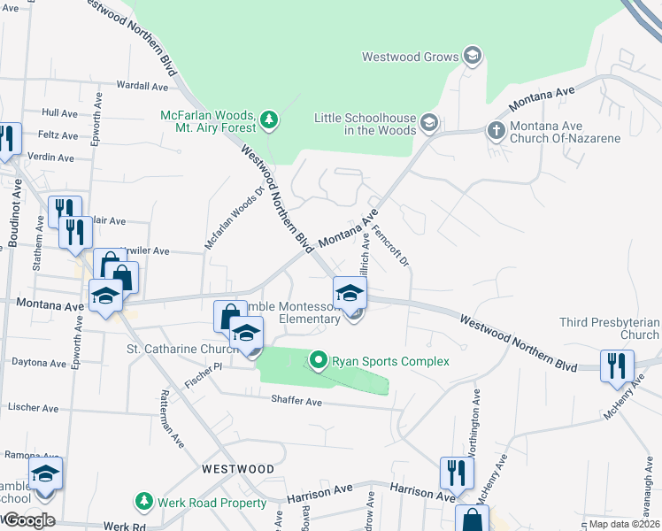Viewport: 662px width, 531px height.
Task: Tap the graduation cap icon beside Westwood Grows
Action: [473, 56]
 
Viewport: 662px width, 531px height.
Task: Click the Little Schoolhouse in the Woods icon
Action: [429, 123]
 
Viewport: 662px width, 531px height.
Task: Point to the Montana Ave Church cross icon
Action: [496, 130]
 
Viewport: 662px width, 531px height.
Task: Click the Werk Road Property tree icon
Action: [142, 503]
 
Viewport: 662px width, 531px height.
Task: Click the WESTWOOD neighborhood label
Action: [238, 468]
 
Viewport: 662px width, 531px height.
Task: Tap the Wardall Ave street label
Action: [142, 87]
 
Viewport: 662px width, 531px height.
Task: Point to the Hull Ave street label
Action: [60, 113]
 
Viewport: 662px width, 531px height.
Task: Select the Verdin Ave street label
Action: [51, 158]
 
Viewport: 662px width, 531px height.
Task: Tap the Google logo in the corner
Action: [28, 520]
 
